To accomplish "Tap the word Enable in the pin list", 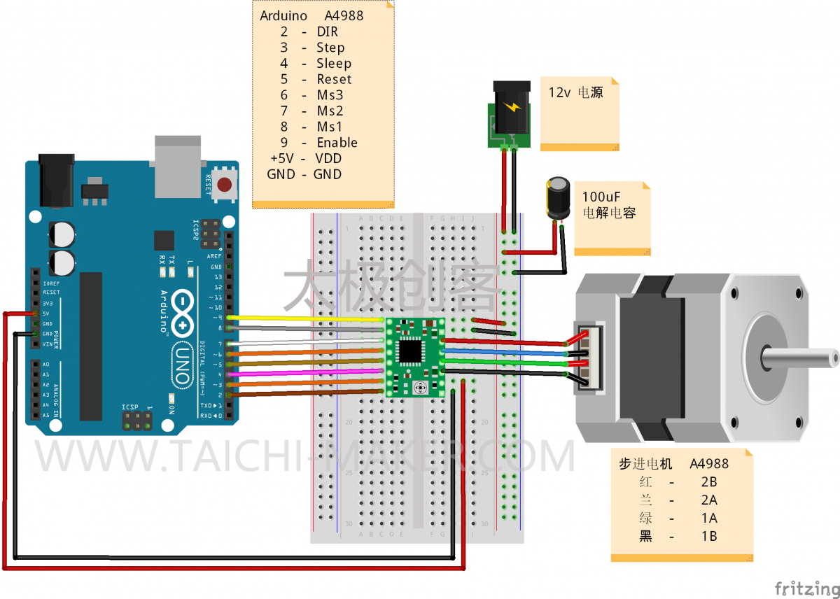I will pos(337,143).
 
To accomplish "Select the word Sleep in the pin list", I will pos(334,64).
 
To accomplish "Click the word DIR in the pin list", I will pos(327,32).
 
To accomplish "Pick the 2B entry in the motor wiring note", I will pos(708,482).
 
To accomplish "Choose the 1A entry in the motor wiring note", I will pos(708,519).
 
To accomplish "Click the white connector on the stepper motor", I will pos(591,358).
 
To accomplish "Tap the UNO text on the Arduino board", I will pos(181,364).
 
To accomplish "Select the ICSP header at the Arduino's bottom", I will pos(138,421).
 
